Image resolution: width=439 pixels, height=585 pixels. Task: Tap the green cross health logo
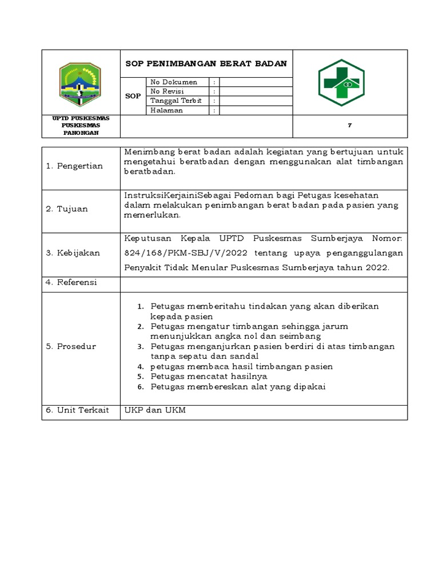[x=341, y=83]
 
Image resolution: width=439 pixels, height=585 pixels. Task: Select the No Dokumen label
[x=174, y=82]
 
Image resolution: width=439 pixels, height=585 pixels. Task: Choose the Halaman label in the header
[x=166, y=110]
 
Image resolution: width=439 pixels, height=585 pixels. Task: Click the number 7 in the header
[x=349, y=126]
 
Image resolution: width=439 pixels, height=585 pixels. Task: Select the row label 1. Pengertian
[x=74, y=166]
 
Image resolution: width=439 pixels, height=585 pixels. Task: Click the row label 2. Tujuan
[x=67, y=209]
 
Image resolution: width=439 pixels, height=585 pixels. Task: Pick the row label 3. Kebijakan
[x=73, y=253]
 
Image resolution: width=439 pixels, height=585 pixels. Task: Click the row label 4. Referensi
[x=71, y=282]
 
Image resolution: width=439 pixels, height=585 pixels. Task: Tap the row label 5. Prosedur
[x=71, y=346]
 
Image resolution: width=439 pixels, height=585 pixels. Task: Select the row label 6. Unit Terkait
[x=77, y=410]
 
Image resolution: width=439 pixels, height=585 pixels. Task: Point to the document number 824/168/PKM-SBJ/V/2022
[x=178, y=253]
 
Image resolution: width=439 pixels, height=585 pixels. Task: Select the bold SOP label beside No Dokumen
[x=133, y=97]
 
